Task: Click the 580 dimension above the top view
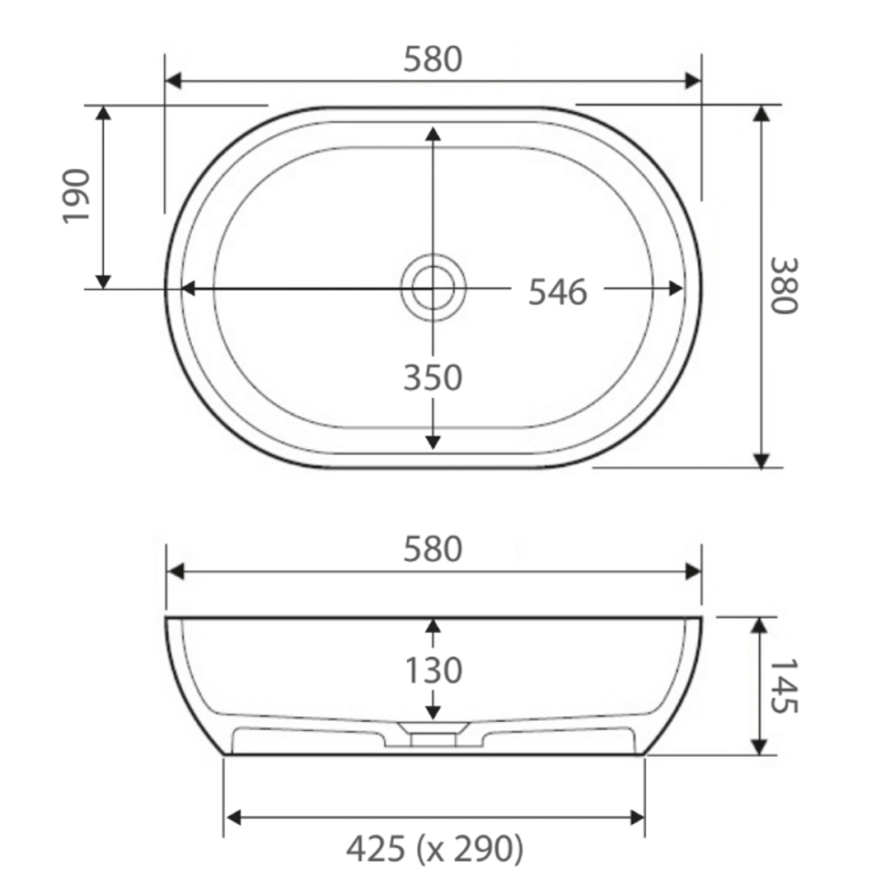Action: click(433, 59)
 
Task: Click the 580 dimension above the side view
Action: click(433, 550)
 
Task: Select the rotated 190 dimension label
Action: click(77, 195)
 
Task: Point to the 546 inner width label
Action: click(558, 292)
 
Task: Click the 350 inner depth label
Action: click(433, 378)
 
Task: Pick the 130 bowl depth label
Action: click(433, 671)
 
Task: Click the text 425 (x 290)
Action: click(434, 849)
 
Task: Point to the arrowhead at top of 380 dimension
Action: click(761, 113)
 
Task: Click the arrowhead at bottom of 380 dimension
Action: click(761, 461)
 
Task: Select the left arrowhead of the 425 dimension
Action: click(233, 817)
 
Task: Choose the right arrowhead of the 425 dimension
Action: click(636, 817)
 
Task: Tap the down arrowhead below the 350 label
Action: click(433, 443)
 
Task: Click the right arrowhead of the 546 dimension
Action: click(676, 288)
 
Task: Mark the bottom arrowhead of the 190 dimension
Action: click(103, 281)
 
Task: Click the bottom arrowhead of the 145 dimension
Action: click(760, 747)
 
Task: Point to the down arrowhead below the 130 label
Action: click(433, 711)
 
